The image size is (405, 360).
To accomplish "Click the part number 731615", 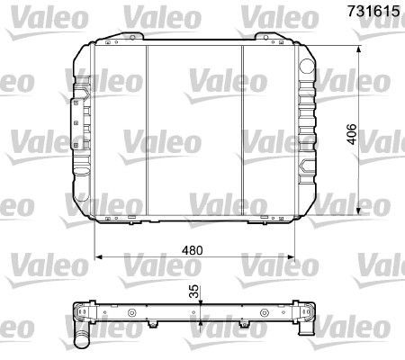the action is tap(373, 11).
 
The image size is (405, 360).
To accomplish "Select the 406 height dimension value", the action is tap(352, 134).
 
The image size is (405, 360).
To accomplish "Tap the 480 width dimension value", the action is tap(193, 250).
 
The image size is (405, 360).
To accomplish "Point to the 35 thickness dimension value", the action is tap(195, 291).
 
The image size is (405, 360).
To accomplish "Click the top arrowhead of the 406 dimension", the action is tap(358, 49).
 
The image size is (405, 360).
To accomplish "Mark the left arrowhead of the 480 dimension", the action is tap(98, 257).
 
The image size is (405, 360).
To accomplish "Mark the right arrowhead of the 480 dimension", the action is tap(291, 257).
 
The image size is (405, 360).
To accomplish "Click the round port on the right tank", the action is tap(307, 66).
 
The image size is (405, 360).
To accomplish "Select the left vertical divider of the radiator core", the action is tap(147, 130).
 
